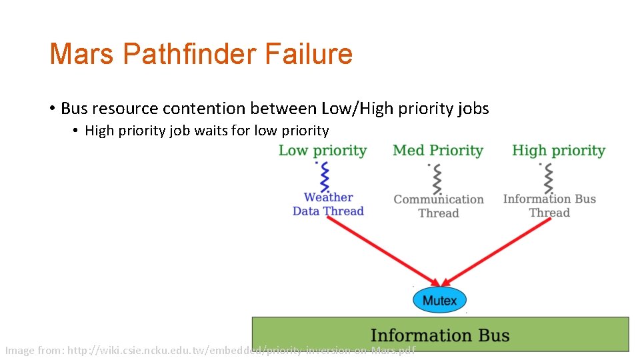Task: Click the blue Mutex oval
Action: (x=439, y=300)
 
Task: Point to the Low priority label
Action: (x=323, y=151)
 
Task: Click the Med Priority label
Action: (x=438, y=151)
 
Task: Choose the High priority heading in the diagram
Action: (x=559, y=151)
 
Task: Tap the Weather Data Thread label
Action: (x=328, y=204)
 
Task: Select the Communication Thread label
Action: (x=439, y=206)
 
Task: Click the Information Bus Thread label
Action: (x=549, y=205)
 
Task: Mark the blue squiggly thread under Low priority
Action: (x=325, y=177)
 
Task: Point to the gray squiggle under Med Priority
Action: (x=437, y=178)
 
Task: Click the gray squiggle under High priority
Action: (x=548, y=177)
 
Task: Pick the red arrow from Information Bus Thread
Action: (x=497, y=250)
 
